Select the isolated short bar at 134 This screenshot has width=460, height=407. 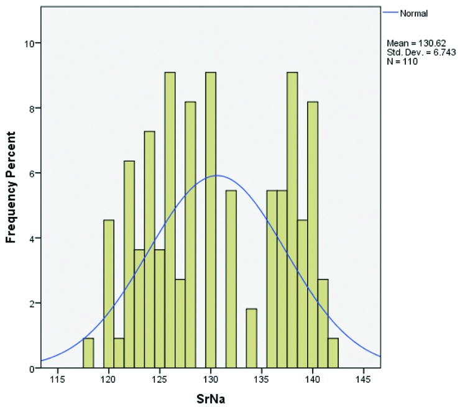251,339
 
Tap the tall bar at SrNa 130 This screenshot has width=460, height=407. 211,224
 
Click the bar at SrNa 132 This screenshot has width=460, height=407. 231,280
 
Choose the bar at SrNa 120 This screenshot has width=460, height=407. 109,295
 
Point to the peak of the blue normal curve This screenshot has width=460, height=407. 216,175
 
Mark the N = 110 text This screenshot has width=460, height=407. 401,61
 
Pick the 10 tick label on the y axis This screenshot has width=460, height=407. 29,43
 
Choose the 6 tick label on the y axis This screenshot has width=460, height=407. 31,173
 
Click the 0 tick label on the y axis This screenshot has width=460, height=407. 31,368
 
